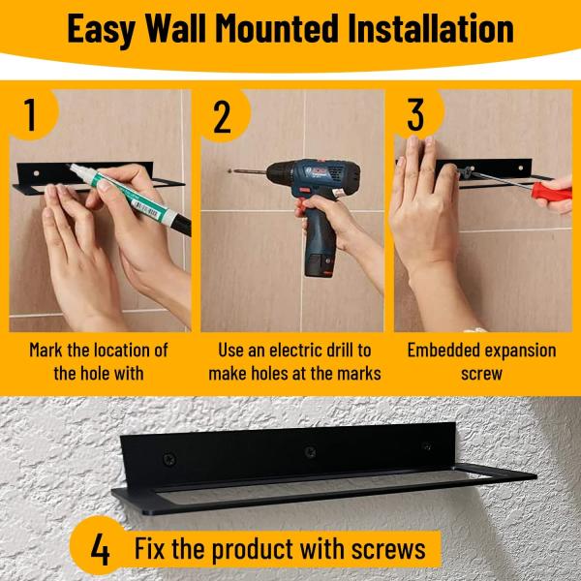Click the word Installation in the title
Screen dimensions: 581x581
(x=431, y=28)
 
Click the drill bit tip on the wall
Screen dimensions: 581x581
(x=229, y=171)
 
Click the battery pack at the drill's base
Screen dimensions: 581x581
(x=320, y=263)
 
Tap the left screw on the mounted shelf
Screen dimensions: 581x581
(x=169, y=459)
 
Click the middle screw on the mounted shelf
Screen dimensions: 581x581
(x=310, y=451)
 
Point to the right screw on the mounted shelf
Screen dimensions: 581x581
(x=427, y=445)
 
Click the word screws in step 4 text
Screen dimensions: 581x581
(x=388, y=549)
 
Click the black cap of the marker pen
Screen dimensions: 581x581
(x=182, y=225)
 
